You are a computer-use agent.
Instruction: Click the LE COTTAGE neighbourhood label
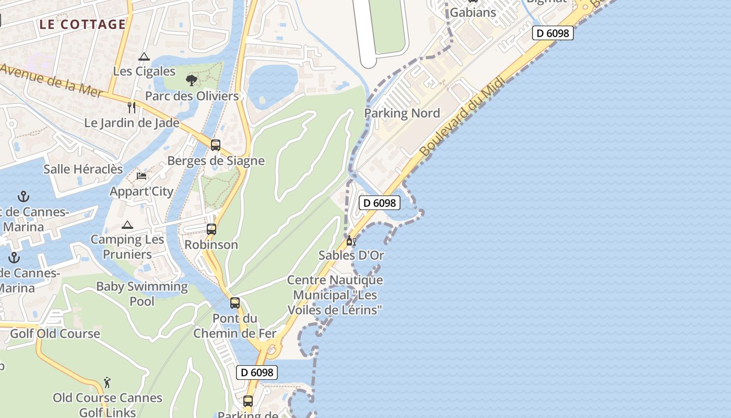click(82, 25)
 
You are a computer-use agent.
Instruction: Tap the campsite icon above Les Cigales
click(144, 57)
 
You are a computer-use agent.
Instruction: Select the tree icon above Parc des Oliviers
click(192, 80)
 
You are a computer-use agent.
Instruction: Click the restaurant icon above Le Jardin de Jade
click(132, 108)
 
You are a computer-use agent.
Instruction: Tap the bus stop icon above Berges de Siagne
click(215, 145)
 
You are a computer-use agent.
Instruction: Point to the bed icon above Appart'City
click(142, 176)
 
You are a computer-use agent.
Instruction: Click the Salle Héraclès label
click(83, 169)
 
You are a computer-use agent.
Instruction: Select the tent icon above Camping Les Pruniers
click(127, 225)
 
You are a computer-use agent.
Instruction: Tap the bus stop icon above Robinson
click(211, 229)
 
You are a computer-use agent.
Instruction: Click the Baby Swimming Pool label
click(142, 294)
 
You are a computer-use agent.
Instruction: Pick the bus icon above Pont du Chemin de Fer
click(235, 303)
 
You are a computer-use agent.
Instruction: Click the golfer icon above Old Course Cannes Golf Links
click(107, 382)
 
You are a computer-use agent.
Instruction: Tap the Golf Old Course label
click(55, 334)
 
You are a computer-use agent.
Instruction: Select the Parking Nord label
click(402, 113)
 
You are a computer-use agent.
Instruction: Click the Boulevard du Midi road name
click(463, 117)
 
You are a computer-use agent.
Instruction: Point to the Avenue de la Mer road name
click(51, 79)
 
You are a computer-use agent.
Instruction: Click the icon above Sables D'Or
click(351, 241)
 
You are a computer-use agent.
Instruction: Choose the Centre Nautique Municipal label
click(335, 295)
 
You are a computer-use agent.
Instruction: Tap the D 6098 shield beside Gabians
click(553, 33)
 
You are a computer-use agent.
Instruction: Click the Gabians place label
click(473, 12)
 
